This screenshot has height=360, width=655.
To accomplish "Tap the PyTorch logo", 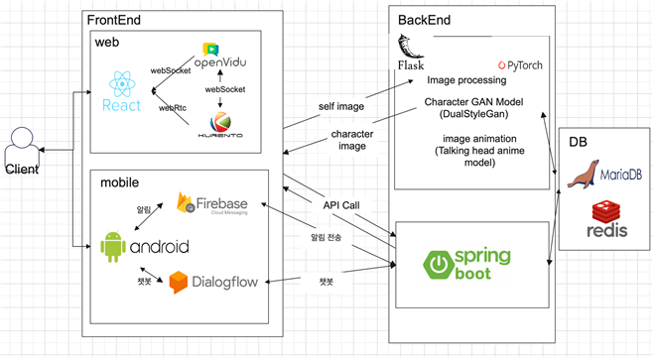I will (x=521, y=65).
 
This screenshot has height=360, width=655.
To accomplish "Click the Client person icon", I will (x=22, y=149).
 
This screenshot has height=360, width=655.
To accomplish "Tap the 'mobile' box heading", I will (x=121, y=183).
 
